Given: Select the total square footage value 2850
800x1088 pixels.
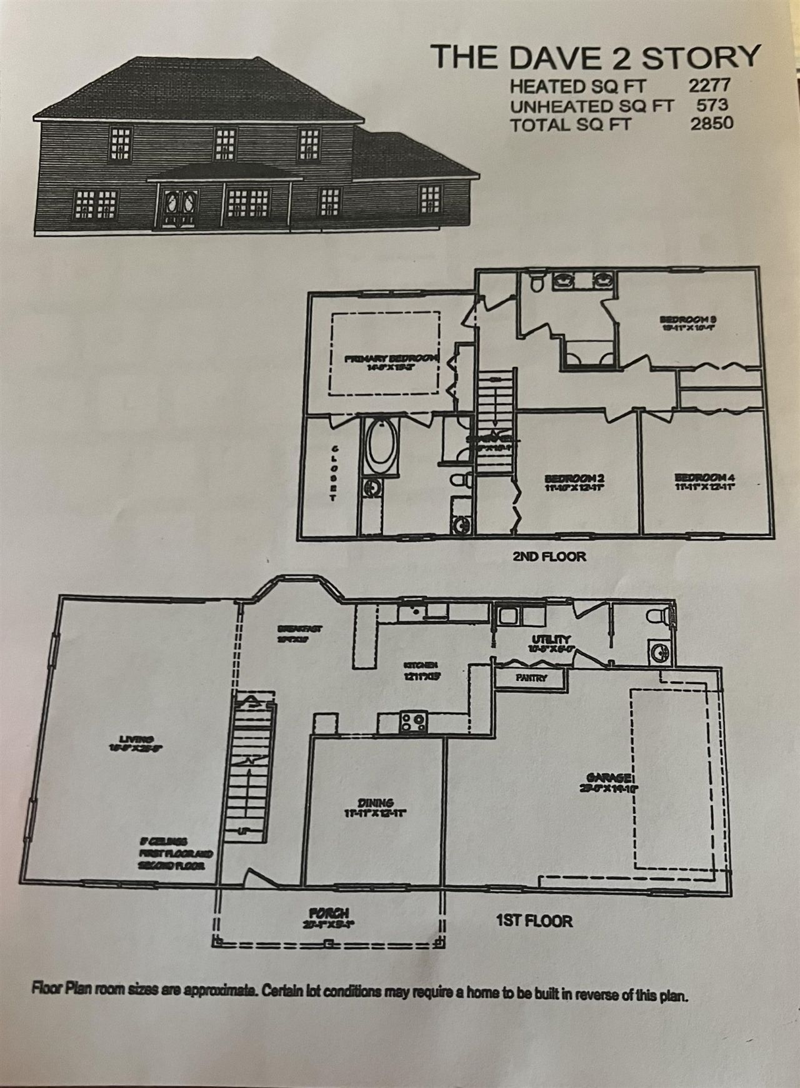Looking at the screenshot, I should pos(712,123).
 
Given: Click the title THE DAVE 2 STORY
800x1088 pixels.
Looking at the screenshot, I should pos(596,56).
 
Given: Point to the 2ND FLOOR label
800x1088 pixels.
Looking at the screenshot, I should pos(549,555).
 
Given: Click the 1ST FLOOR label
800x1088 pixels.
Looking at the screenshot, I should pos(534,920).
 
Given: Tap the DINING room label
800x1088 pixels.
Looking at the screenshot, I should pos(376,802).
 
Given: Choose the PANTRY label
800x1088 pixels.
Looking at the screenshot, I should pos(531,678).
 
